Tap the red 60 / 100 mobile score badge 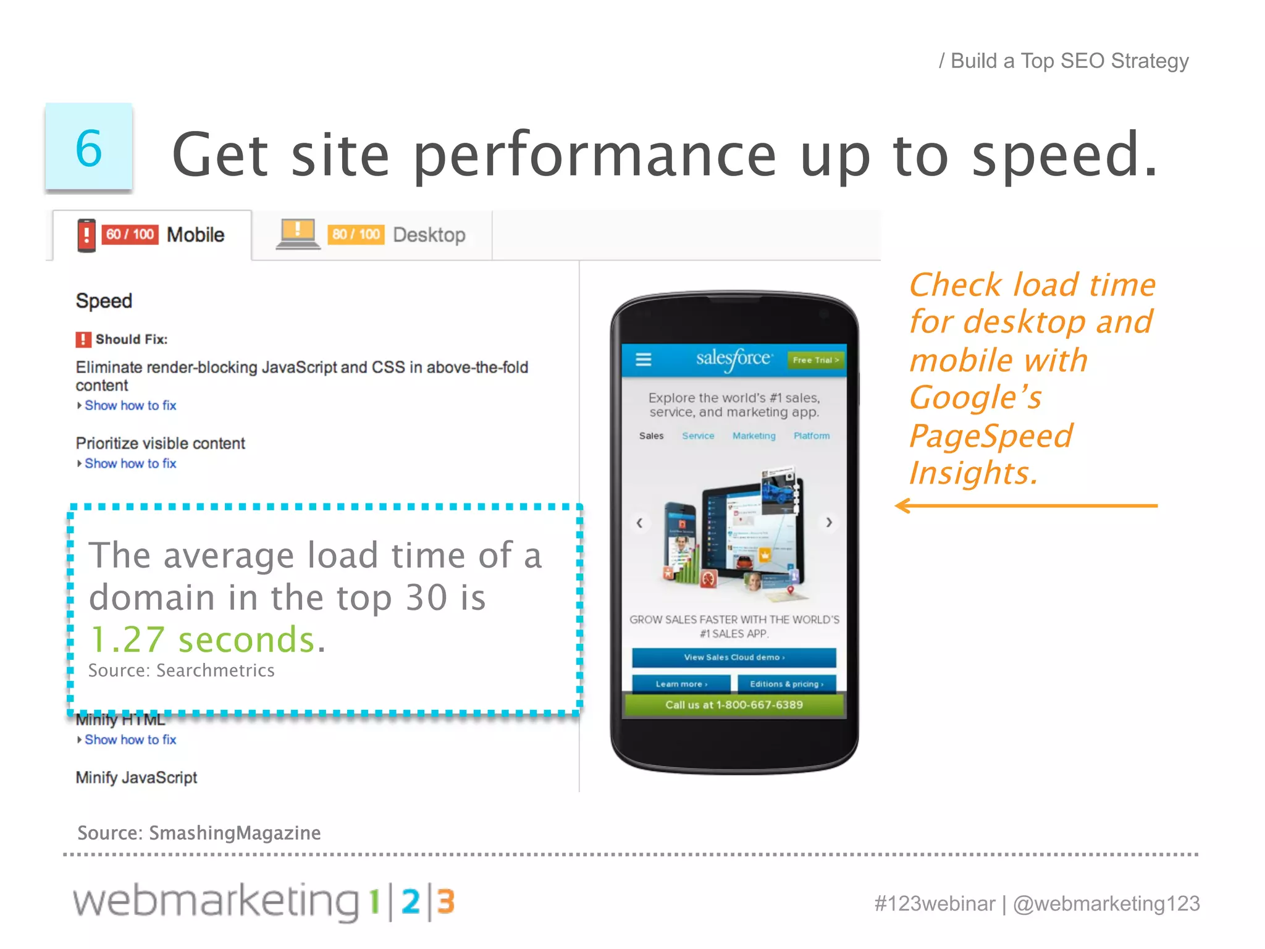[x=130, y=235]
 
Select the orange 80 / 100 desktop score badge [x=356, y=235]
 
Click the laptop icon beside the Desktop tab [x=298, y=234]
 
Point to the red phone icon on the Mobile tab [x=86, y=235]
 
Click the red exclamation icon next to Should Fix [x=83, y=339]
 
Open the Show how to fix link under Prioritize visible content [x=130, y=463]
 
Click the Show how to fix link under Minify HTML [x=130, y=740]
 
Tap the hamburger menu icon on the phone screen [x=644, y=360]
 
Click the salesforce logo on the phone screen [x=734, y=359]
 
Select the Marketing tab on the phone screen [x=754, y=436]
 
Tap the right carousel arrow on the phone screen [x=829, y=523]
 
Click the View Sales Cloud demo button [x=734, y=657]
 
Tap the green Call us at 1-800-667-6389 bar [x=734, y=705]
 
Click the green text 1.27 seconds [x=203, y=639]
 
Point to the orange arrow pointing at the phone [x=1025, y=506]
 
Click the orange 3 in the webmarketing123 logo [x=446, y=901]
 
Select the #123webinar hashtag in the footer [x=935, y=904]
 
